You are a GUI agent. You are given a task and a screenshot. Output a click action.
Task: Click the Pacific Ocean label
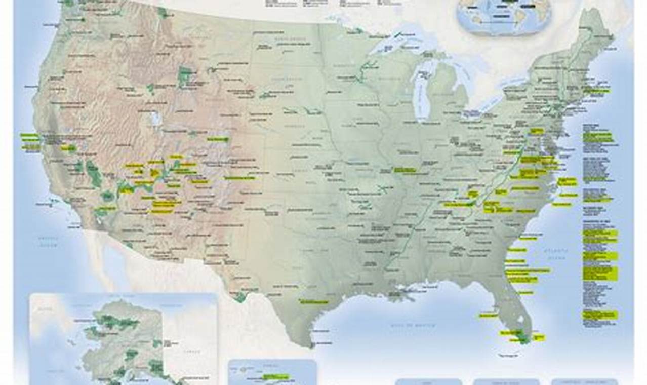[49, 241]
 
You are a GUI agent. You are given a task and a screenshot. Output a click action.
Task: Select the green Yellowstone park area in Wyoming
[185, 76]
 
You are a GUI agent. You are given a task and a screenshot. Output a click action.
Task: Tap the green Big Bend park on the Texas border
[239, 296]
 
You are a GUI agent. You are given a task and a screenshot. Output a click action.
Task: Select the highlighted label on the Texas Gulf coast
[314, 301]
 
